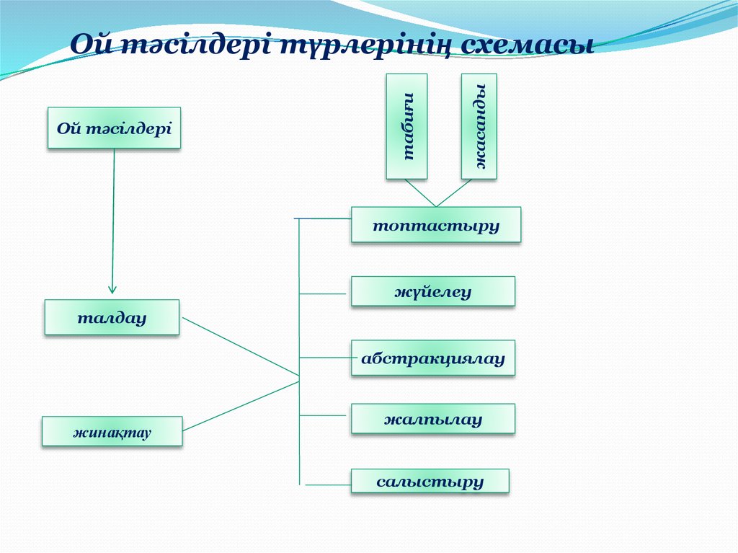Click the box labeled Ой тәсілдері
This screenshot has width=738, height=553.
pos(114,128)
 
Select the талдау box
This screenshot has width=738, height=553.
pos(112,317)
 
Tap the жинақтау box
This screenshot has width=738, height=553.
pos(112,432)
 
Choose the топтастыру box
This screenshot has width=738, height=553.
pos(435,225)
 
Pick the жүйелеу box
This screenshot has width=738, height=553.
pos(432,292)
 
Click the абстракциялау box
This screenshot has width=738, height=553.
pos(432,358)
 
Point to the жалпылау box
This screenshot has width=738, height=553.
pos(432,419)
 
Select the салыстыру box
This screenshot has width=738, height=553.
pos(430,481)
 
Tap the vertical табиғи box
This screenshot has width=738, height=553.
pos(406,126)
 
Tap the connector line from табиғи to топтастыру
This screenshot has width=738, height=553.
pos(420,193)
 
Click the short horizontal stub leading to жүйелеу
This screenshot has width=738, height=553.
pos(322,293)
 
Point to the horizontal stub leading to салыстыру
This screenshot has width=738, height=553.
pos(328,485)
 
